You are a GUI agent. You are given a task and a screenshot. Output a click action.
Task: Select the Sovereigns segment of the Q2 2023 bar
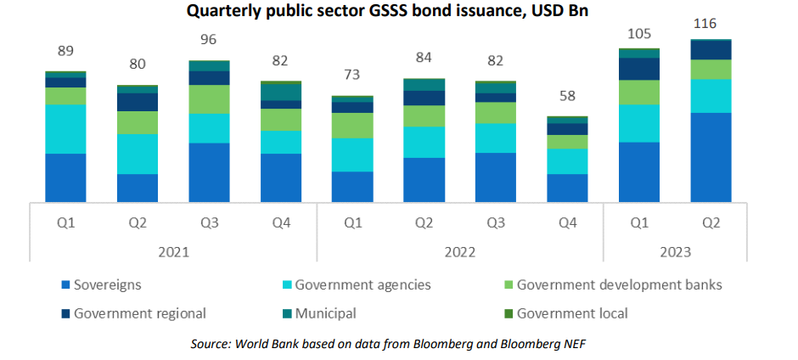[x=711, y=157]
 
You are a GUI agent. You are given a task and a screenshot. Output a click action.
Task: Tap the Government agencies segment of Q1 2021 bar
[x=66, y=129]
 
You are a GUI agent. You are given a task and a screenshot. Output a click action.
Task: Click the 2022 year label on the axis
[x=459, y=252]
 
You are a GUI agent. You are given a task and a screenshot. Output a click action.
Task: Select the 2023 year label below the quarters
[x=675, y=252]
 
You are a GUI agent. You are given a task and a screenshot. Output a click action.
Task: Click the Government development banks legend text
[x=619, y=285]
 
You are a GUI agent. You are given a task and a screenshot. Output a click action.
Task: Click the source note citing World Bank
[x=398, y=342]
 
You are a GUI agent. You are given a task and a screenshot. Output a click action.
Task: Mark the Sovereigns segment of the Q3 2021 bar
[x=209, y=172]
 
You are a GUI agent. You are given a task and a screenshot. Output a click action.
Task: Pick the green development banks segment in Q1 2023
[x=639, y=93]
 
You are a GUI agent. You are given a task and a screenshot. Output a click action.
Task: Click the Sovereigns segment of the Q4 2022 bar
[x=567, y=188]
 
